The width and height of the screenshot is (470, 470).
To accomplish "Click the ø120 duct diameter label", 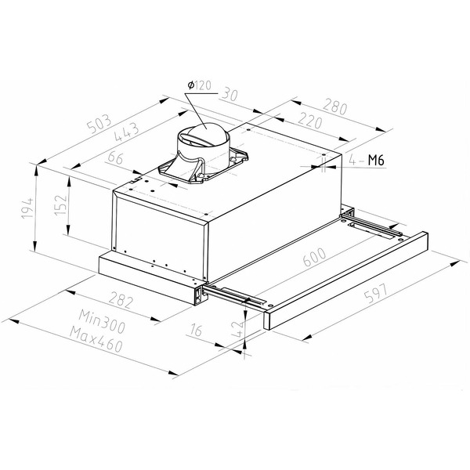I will (x=197, y=85).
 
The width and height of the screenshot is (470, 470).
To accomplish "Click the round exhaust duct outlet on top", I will (x=204, y=139).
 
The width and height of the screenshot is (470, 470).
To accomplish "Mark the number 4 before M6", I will (x=355, y=161).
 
